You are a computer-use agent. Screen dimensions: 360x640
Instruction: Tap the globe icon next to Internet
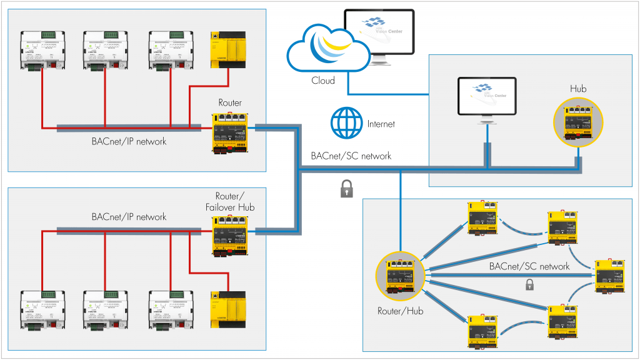[347, 123]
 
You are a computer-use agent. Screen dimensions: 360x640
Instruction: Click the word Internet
[381, 124]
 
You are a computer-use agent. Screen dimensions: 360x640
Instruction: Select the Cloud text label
[323, 81]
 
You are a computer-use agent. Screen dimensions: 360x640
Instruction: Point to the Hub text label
[578, 89]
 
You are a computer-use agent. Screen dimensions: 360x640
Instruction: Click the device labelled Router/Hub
[400, 276]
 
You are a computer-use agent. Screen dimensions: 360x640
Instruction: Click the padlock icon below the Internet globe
[347, 189]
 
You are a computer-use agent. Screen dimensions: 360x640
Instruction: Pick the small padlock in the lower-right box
[529, 285]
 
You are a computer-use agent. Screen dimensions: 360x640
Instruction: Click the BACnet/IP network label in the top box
[129, 141]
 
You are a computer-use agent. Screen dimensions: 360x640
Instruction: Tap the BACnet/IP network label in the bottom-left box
[129, 217]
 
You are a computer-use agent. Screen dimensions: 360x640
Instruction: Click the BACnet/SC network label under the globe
[351, 156]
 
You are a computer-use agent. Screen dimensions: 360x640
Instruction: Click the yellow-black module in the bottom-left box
[228, 309]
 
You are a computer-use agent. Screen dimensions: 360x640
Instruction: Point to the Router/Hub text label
[400, 311]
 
